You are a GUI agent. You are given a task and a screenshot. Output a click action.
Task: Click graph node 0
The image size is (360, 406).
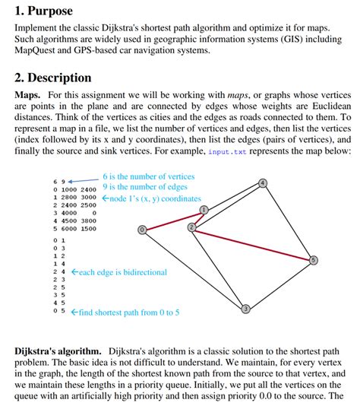tap(141, 230)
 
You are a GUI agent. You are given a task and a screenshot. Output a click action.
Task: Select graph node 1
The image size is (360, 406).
tap(204, 209)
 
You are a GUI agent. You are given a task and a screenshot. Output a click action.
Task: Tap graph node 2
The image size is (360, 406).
tap(191, 227)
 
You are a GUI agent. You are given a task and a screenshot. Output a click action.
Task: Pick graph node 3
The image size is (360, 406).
tap(245, 309)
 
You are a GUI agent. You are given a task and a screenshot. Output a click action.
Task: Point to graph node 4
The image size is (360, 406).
tap(262, 183)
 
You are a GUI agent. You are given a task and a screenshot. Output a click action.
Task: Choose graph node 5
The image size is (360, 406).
tap(314, 261)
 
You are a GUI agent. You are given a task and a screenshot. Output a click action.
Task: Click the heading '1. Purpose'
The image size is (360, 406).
tap(44, 11)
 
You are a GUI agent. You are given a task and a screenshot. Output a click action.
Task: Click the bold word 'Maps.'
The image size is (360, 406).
tap(30, 94)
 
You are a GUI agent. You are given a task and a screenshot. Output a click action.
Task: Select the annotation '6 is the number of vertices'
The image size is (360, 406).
tap(148, 176)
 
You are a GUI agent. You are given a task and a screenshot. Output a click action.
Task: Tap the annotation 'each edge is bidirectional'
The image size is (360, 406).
tap(122, 272)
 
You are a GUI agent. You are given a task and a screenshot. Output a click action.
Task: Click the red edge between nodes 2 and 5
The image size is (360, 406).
tap(252, 243)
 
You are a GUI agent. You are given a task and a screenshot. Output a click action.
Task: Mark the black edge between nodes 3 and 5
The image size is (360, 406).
tap(279, 285)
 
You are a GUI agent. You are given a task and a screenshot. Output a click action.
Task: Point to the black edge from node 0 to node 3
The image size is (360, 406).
tap(193, 269)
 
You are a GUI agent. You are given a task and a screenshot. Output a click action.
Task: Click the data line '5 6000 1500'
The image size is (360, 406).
tap(74, 228)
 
